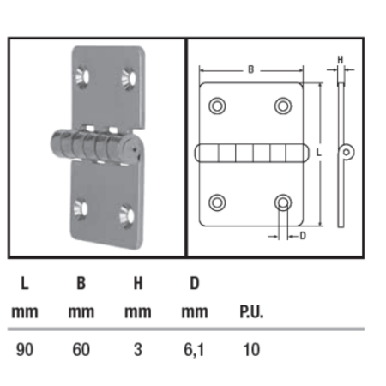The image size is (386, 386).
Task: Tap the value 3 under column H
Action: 137,349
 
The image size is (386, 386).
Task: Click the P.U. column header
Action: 250,312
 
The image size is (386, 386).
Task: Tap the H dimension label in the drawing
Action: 340,59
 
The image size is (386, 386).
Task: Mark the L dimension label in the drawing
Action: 318,152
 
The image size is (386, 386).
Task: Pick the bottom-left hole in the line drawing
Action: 217,202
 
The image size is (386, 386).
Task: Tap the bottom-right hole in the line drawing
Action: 282,202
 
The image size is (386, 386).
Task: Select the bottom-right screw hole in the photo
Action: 125,213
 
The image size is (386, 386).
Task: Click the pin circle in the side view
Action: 347,153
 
